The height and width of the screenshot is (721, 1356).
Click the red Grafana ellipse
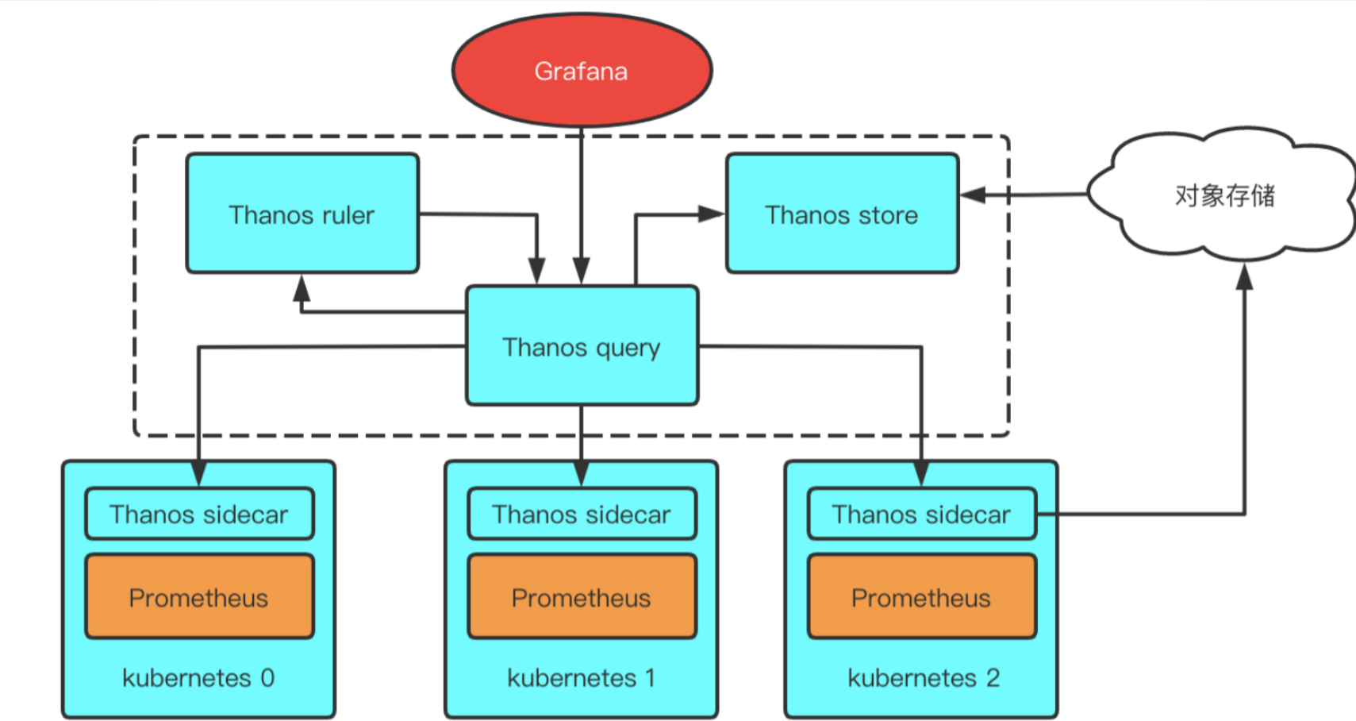pyautogui.click(x=582, y=70)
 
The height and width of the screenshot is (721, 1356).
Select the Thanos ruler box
pyautogui.click(x=302, y=214)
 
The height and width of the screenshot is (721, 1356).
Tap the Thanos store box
pyautogui.click(x=842, y=214)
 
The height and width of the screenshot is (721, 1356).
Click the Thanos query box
pyautogui.click(x=582, y=346)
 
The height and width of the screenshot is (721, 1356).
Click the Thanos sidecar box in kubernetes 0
pyautogui.click(x=199, y=514)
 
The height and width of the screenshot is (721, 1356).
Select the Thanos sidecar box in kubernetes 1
pyautogui.click(x=582, y=514)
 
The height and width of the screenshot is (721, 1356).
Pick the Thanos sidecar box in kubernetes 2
pyautogui.click(x=921, y=514)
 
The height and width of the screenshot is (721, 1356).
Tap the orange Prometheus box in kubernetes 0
pyautogui.click(x=199, y=597)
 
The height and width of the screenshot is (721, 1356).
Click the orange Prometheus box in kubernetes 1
pyautogui.click(x=582, y=597)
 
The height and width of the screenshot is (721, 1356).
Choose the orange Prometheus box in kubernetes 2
pyautogui.click(x=921, y=597)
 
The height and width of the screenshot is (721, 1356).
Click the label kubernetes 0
pyautogui.click(x=198, y=677)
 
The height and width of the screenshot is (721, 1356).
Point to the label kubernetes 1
pyautogui.click(x=582, y=677)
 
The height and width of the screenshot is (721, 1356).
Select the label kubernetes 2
pyautogui.click(x=924, y=677)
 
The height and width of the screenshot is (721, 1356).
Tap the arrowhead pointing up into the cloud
pyautogui.click(x=1245, y=276)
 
